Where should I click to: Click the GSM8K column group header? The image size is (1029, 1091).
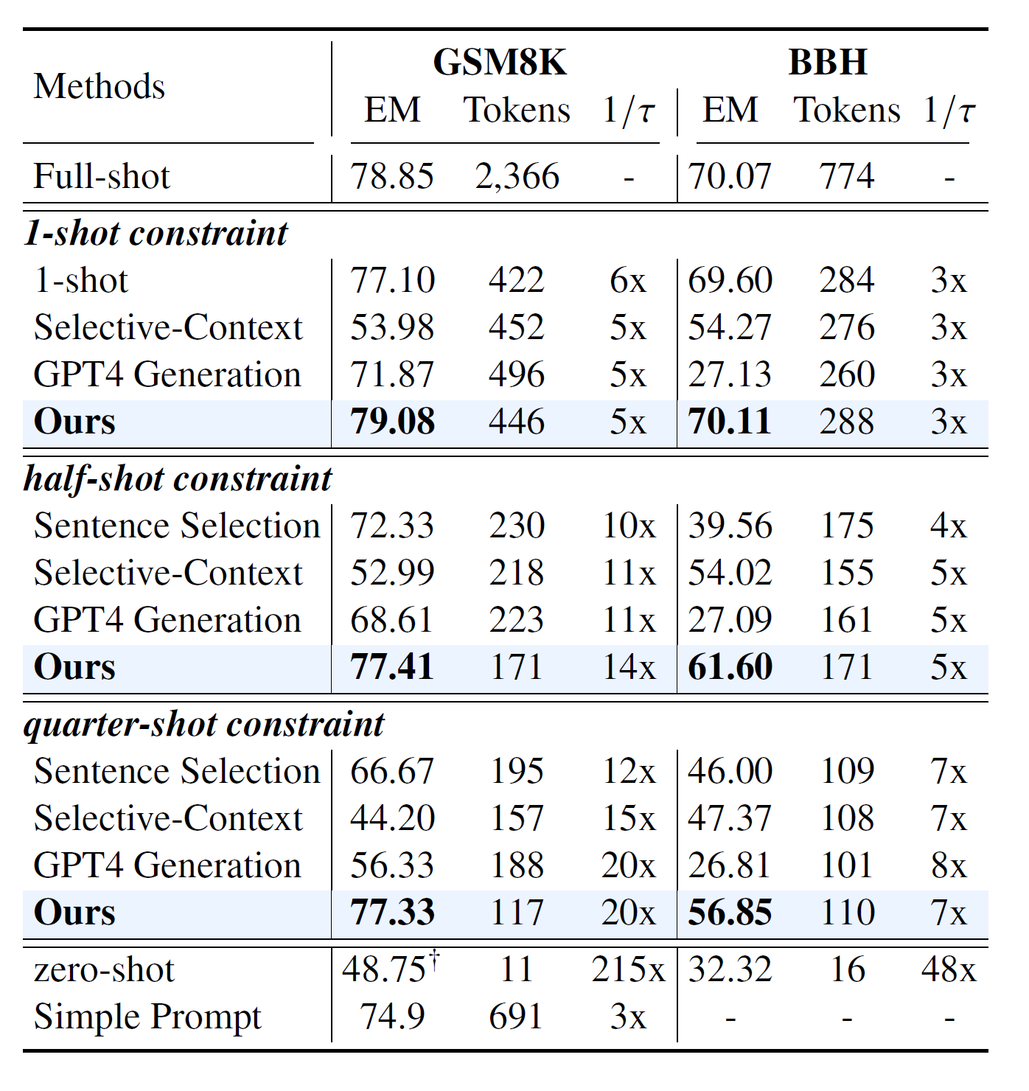(499, 63)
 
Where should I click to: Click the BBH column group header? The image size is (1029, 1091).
(827, 63)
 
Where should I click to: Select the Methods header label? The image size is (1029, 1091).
(99, 87)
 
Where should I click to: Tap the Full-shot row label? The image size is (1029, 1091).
(102, 177)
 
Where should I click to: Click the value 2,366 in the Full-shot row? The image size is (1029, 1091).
(517, 177)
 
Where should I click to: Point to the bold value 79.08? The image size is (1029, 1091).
(392, 422)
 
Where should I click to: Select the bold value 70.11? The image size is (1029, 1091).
(729, 422)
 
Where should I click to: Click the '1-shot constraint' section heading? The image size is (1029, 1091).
(156, 234)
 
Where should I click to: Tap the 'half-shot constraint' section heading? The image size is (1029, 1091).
(178, 479)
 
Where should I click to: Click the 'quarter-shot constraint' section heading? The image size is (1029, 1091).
(203, 725)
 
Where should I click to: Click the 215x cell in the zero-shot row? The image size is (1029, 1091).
(627, 969)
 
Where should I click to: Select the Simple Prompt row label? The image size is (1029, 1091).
(147, 1017)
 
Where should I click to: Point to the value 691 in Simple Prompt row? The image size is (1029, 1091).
(515, 1017)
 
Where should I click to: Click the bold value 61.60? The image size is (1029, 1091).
(729, 668)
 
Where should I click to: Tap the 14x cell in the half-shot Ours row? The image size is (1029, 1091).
(628, 668)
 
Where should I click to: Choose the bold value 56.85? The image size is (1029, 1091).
(729, 913)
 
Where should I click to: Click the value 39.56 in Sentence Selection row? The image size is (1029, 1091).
(729, 526)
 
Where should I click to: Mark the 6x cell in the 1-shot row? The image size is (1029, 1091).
(627, 281)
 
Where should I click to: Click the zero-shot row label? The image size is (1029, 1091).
(104, 970)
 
